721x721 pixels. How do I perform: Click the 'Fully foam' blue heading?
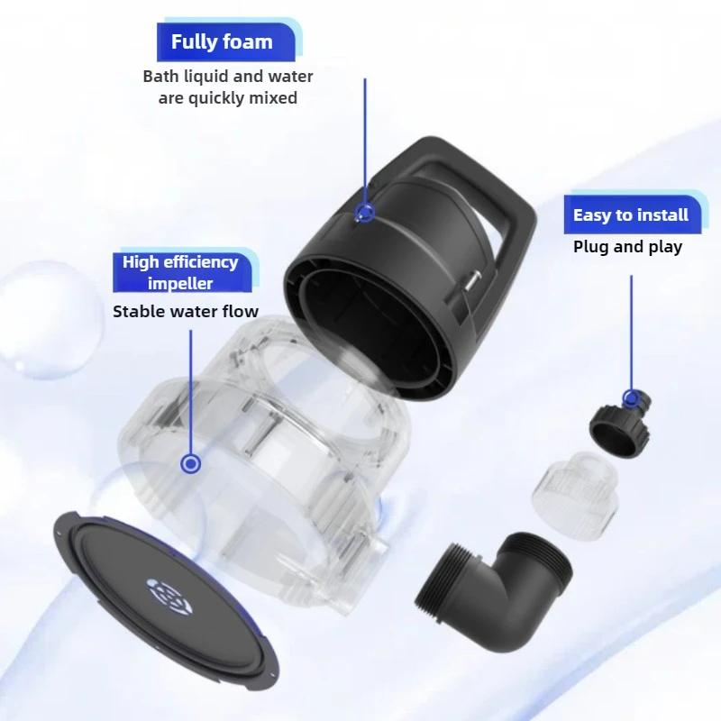(x=222, y=41)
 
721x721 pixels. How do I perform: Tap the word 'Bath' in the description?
(x=161, y=77)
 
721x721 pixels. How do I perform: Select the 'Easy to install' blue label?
(x=630, y=214)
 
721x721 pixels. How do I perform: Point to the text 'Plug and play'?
(x=627, y=247)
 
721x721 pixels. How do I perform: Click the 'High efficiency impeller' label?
(x=180, y=273)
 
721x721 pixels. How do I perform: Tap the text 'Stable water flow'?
(x=186, y=311)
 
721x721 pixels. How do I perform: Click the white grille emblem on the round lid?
(x=169, y=597)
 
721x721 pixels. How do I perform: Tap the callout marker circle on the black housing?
(x=365, y=213)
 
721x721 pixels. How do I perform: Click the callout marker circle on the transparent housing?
(x=190, y=463)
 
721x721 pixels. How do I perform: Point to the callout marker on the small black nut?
(x=632, y=398)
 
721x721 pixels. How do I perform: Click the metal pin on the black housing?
(x=472, y=280)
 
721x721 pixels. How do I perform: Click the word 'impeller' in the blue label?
(x=180, y=283)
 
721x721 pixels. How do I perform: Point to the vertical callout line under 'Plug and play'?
(x=632, y=333)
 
